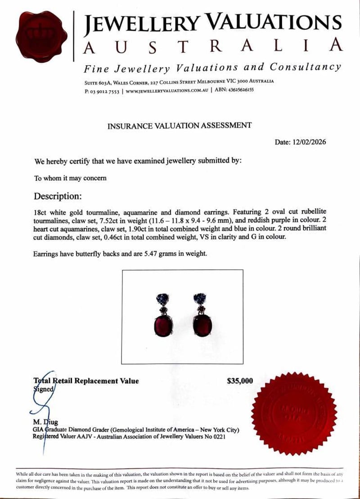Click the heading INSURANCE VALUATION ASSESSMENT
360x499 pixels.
pyautogui.click(x=179, y=126)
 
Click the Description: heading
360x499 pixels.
pyautogui.click(x=58, y=196)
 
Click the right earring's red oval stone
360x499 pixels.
pyautogui.click(x=202, y=325)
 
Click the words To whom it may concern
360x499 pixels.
pyautogui.click(x=70, y=178)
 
